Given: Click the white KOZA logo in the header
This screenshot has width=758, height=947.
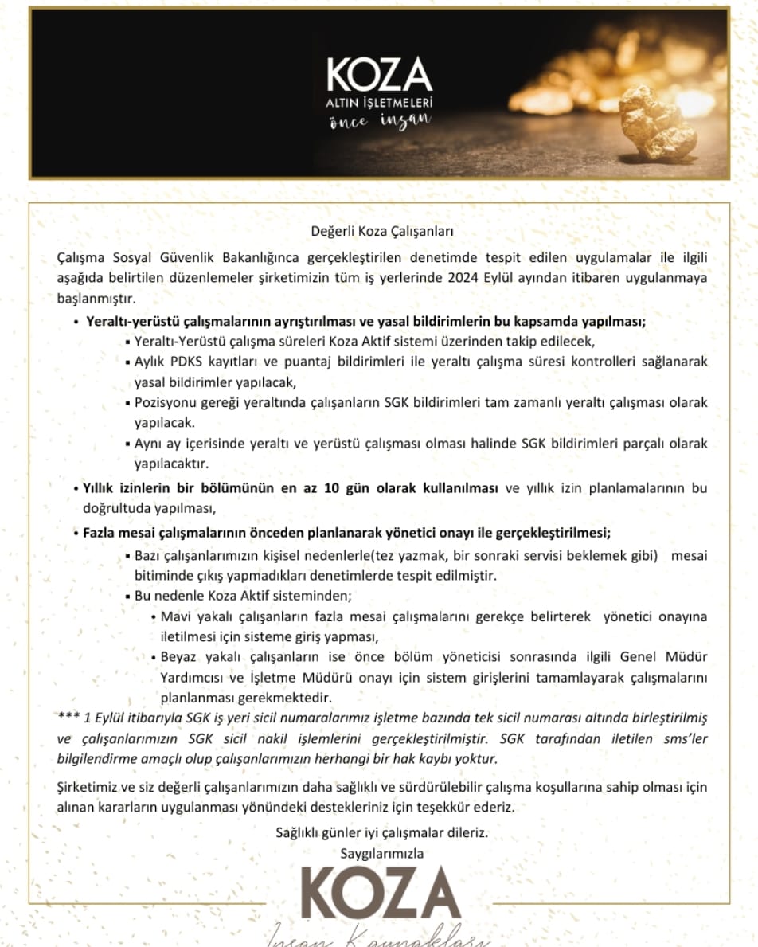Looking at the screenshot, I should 380,75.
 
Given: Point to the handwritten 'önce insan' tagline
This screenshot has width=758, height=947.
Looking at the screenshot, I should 380,120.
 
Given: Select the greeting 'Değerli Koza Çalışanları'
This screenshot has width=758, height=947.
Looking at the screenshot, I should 381,232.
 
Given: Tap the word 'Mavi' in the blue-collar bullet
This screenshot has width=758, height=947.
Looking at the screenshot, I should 174,617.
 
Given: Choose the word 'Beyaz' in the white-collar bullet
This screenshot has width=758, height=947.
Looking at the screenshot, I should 178,658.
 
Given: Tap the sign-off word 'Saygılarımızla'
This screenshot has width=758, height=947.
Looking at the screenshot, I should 381,853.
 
